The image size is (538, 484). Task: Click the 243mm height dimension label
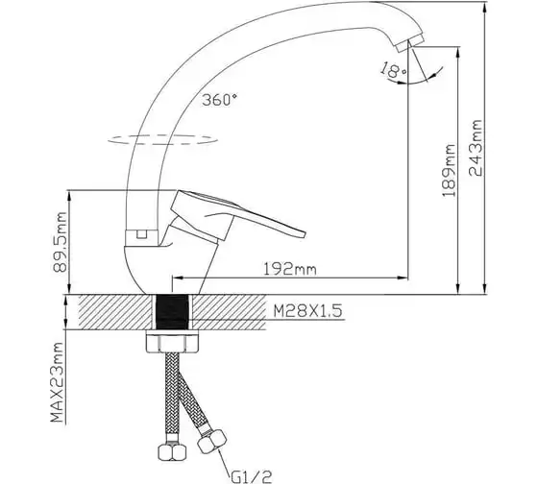coord(476,148)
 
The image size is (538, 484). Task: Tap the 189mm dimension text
coord(450,171)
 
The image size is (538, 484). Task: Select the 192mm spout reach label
coord(289,269)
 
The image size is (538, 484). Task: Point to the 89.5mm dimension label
coord(60,242)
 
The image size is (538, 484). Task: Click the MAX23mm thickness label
coord(57,382)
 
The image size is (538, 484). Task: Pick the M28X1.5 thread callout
coord(307,311)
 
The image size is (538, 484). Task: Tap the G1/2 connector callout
coord(252,476)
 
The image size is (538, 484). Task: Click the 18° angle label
coord(393,70)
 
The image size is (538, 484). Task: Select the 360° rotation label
coord(220,100)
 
